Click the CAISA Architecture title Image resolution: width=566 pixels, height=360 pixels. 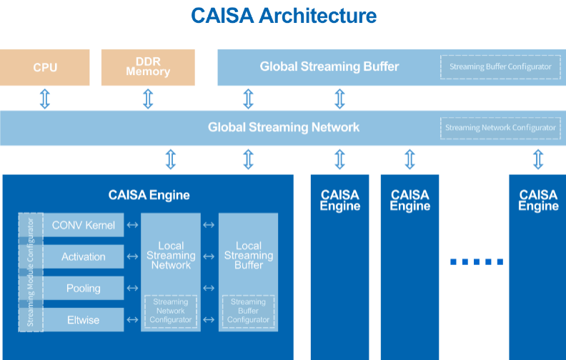[284, 16]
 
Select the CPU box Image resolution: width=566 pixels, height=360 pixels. [45, 67]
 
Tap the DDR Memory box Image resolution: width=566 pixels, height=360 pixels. [148, 67]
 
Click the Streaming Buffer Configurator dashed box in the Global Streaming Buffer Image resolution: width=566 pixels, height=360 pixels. [500, 66]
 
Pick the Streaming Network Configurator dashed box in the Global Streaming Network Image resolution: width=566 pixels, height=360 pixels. [500, 128]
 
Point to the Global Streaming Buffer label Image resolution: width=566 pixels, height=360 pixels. [329, 66]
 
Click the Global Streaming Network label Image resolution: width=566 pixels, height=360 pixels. [284, 127]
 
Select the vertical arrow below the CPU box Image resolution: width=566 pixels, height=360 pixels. [45, 99]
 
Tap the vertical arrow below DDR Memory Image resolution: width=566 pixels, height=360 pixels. [148, 99]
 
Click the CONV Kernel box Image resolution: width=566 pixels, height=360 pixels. [84, 225]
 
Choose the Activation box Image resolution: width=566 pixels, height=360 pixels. [84, 256]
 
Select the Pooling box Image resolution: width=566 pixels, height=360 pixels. [84, 289]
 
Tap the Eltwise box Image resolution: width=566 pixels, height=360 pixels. [84, 320]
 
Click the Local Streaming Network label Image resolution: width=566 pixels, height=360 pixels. [171, 256]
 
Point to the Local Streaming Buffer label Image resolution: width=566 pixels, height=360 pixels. [249, 256]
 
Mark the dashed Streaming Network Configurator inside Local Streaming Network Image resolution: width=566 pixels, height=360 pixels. [171, 311]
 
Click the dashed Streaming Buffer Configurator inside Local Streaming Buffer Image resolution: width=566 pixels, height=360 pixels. [249, 311]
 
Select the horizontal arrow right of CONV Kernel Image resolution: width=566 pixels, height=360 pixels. [132, 225]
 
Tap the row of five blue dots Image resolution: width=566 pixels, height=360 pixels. [477, 262]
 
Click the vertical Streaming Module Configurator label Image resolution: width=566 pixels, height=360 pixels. [31, 272]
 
